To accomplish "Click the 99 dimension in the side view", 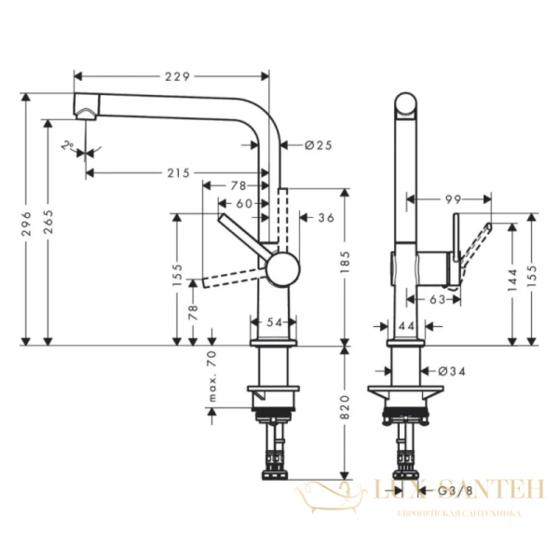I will [453, 199].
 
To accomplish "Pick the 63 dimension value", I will [434, 299].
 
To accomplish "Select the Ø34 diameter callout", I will [451, 372].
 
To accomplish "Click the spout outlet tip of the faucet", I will [85, 115].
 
